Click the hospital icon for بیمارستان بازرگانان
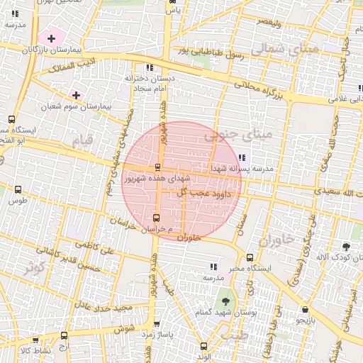point(51,37)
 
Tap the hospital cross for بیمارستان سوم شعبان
point(76,95)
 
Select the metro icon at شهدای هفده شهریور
point(157,168)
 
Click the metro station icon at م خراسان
point(157,218)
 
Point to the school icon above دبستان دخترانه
point(148,67)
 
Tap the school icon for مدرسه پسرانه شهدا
point(242,157)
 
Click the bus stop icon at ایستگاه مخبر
point(250,257)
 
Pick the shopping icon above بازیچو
point(305,310)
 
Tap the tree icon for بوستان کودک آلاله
point(346,247)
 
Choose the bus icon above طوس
point(17,190)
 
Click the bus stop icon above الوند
point(204,347)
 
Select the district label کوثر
point(32,269)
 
